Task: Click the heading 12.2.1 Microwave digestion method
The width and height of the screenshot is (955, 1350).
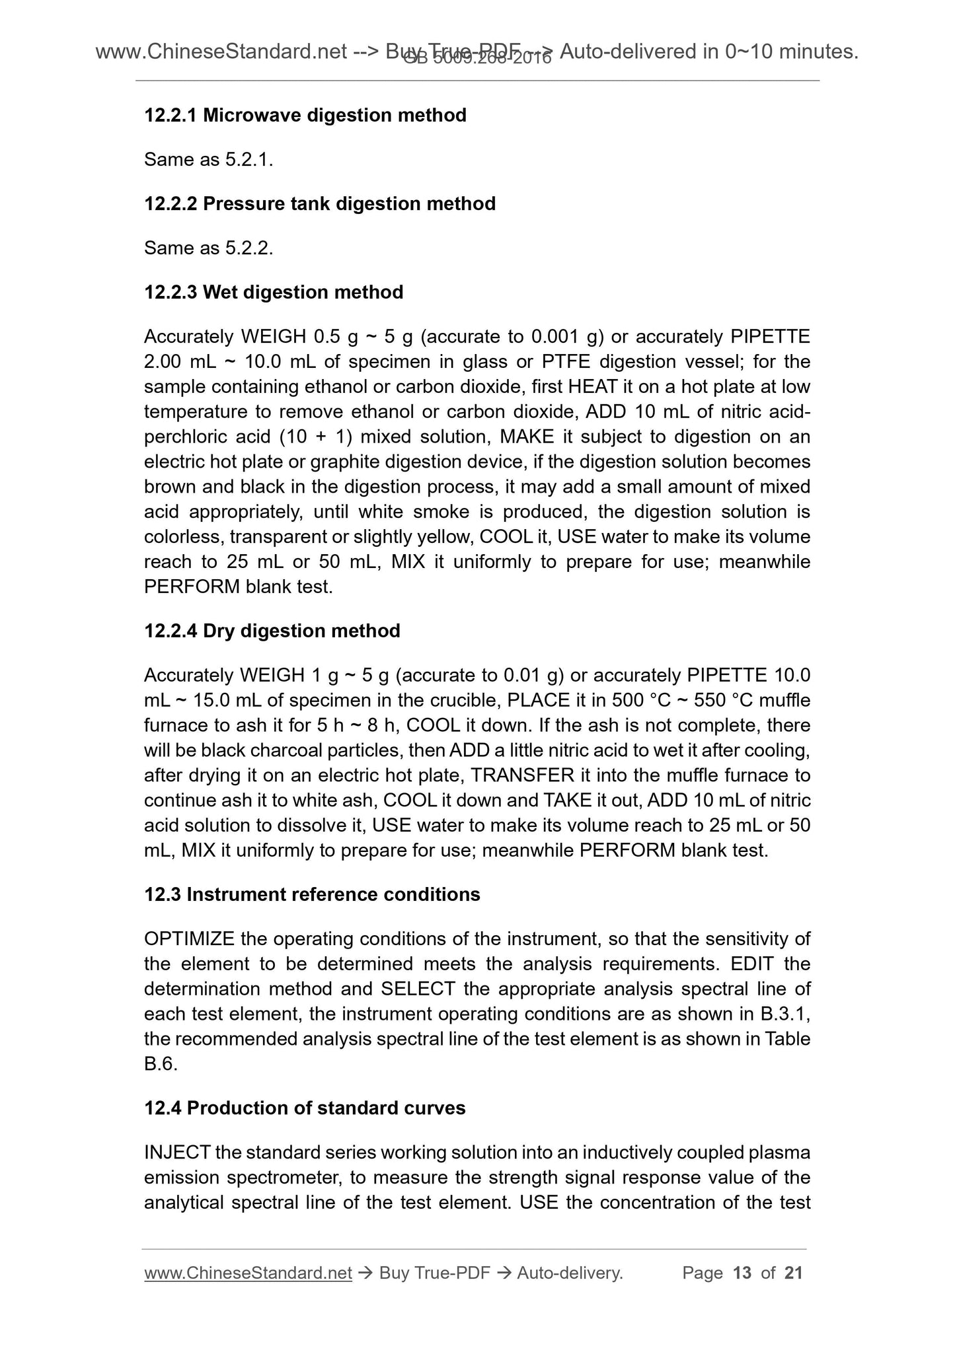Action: pos(305,115)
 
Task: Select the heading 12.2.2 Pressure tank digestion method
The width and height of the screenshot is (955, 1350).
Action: pos(320,203)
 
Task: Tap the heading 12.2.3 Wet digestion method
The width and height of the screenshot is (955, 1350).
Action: pos(274,292)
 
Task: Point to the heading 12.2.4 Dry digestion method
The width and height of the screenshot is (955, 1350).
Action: pos(272,631)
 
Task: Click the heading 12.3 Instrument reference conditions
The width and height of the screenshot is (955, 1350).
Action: pos(312,894)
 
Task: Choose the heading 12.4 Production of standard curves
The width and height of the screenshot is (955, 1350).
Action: pos(305,1108)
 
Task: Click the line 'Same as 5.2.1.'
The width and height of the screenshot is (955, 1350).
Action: pos(208,159)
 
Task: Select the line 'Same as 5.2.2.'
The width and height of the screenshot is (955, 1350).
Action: pos(208,248)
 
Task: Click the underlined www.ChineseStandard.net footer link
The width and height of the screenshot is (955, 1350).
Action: pos(248,1273)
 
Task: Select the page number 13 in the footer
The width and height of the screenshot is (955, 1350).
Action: pos(742,1273)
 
